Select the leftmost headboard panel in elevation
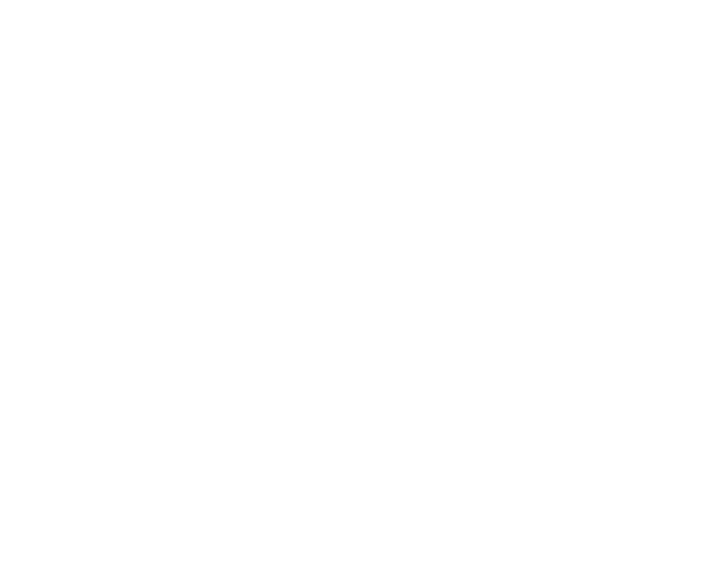tap(82, 110)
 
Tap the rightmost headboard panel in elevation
tap(398, 110)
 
